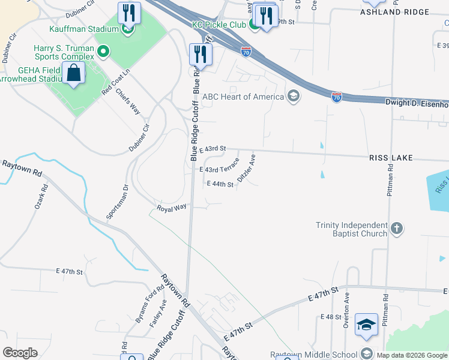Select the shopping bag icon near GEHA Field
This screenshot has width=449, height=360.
click(73, 74)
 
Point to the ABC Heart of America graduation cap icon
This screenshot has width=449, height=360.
click(293, 97)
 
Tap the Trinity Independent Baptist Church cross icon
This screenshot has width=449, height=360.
click(396, 229)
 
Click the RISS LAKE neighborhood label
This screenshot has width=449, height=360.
click(391, 157)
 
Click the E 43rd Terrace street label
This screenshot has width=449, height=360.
click(220, 169)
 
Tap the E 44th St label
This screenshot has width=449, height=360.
click(220, 184)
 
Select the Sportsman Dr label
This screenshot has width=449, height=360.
click(117, 203)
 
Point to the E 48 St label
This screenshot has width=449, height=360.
click(331, 316)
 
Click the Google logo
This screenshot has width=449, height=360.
click(20, 352)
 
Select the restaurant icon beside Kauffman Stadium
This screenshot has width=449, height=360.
click(129, 12)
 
